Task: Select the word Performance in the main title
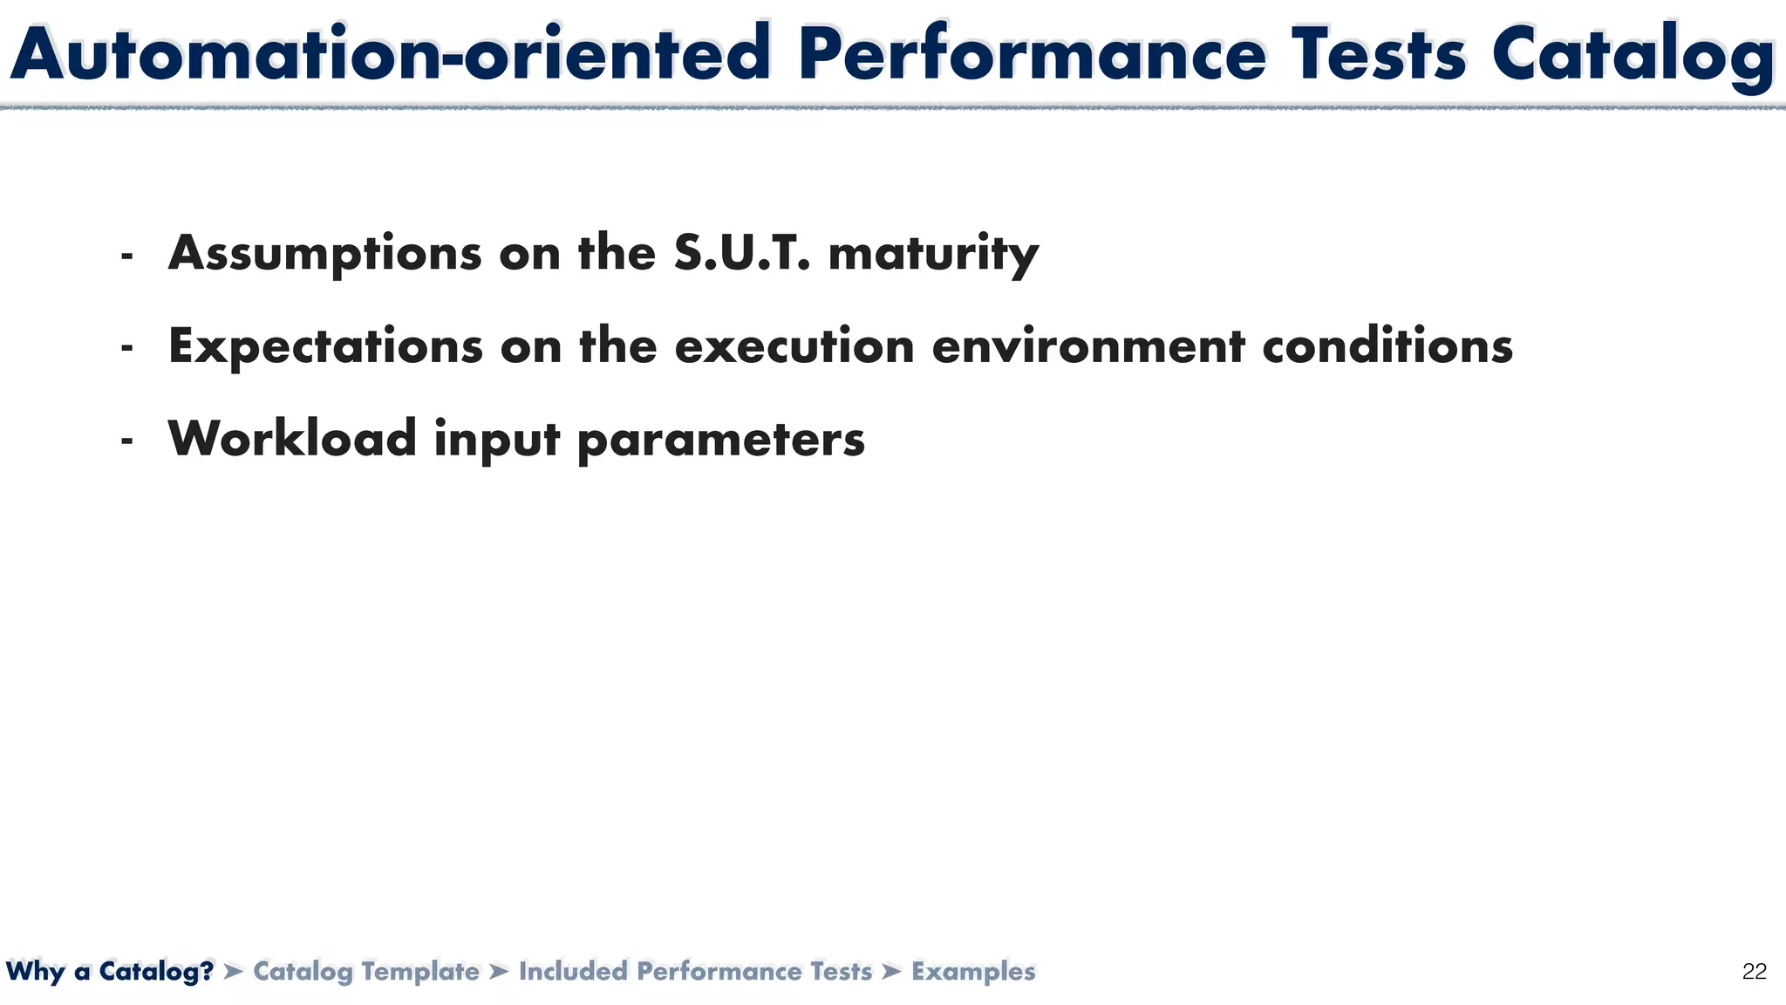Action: click(1030, 54)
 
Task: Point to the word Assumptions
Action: click(324, 254)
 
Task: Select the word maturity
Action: click(933, 254)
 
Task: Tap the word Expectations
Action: click(325, 346)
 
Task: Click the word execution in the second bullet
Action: click(794, 346)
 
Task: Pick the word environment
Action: click(1088, 346)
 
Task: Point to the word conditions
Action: click(1387, 346)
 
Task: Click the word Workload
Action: click(292, 439)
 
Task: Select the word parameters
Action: click(721, 441)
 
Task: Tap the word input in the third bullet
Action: click(496, 441)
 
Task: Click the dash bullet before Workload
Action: click(127, 441)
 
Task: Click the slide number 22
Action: click(1754, 972)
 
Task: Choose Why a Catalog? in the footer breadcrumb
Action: click(110, 971)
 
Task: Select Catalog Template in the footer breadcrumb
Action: click(366, 971)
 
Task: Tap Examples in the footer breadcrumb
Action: click(973, 971)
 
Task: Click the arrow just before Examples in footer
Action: click(891, 971)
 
